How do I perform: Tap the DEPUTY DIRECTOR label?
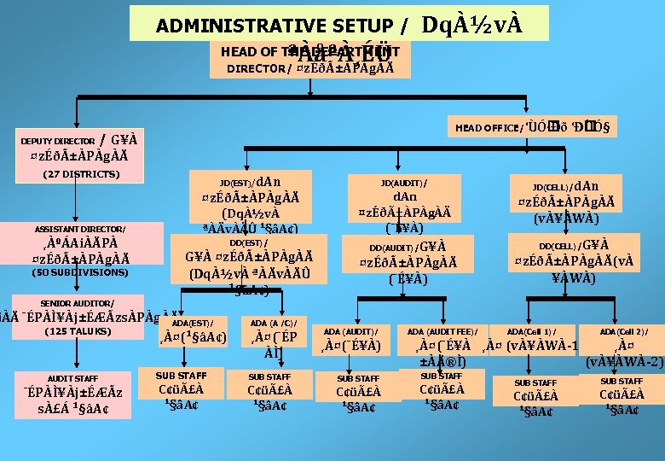click(x=57, y=141)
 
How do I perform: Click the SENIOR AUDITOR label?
click(x=77, y=303)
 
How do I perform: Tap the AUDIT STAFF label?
click(x=72, y=378)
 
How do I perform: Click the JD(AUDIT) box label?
click(x=403, y=183)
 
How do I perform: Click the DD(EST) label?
click(x=238, y=242)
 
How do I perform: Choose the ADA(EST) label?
click(x=192, y=323)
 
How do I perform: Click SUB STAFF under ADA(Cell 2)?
click(x=622, y=381)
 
